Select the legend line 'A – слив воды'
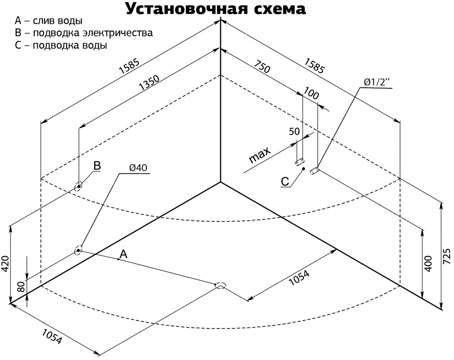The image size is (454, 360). click(49, 21)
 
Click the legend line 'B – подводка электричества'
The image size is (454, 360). click(83, 33)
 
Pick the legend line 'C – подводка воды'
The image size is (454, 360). click(61, 45)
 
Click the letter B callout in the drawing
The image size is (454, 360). click(97, 166)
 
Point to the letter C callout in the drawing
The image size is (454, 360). click(285, 182)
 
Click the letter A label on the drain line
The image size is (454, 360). click(123, 254)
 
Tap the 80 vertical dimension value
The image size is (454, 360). click(20, 286)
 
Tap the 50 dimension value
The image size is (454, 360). click(294, 132)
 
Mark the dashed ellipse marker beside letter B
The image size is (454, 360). click(79, 187)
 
